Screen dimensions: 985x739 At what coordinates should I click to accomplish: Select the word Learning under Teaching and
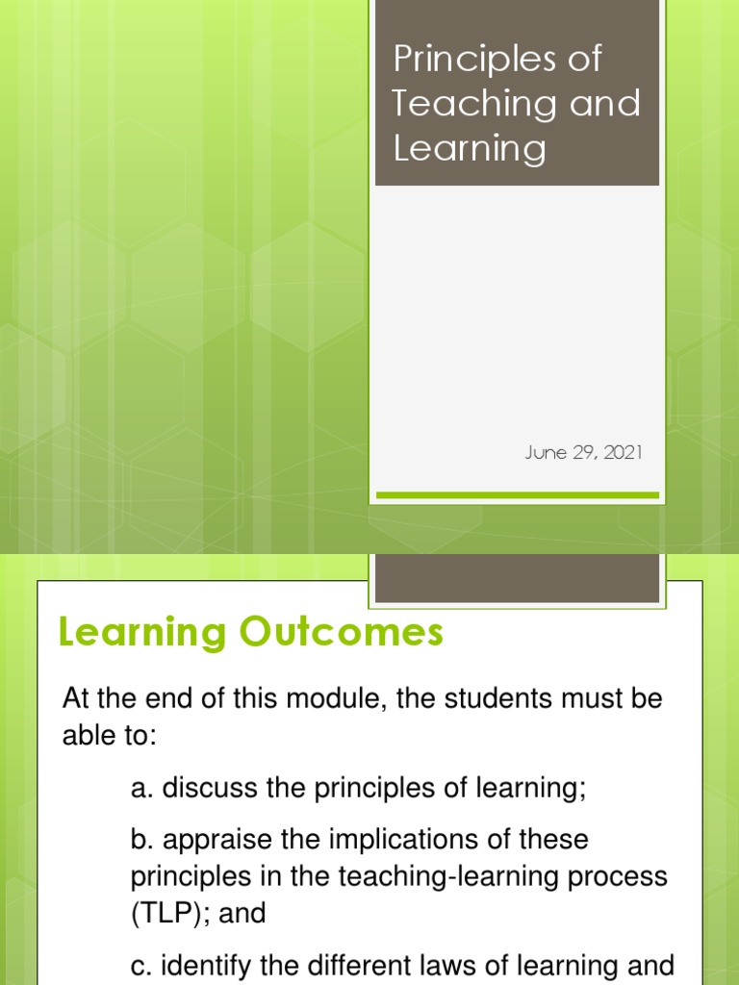469,149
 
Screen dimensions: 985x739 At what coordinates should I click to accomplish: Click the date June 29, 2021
582,452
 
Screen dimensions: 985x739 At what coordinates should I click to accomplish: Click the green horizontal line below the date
517,495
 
